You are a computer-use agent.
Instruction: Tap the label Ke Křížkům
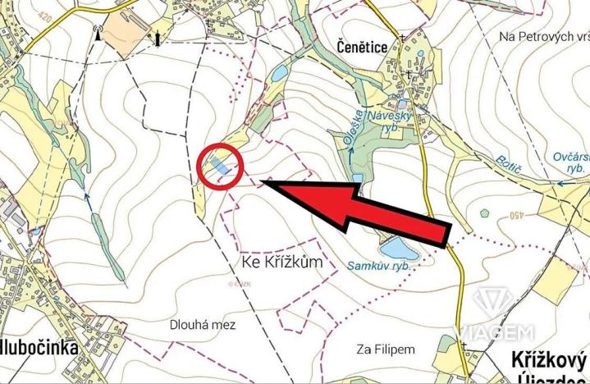click(280, 264)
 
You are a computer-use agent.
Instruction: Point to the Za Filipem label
click(386, 350)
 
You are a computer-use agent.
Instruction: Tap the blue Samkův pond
click(392, 246)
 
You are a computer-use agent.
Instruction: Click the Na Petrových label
click(542, 37)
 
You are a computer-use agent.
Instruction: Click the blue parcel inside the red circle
click(220, 167)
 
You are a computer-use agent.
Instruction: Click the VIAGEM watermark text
click(496, 332)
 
